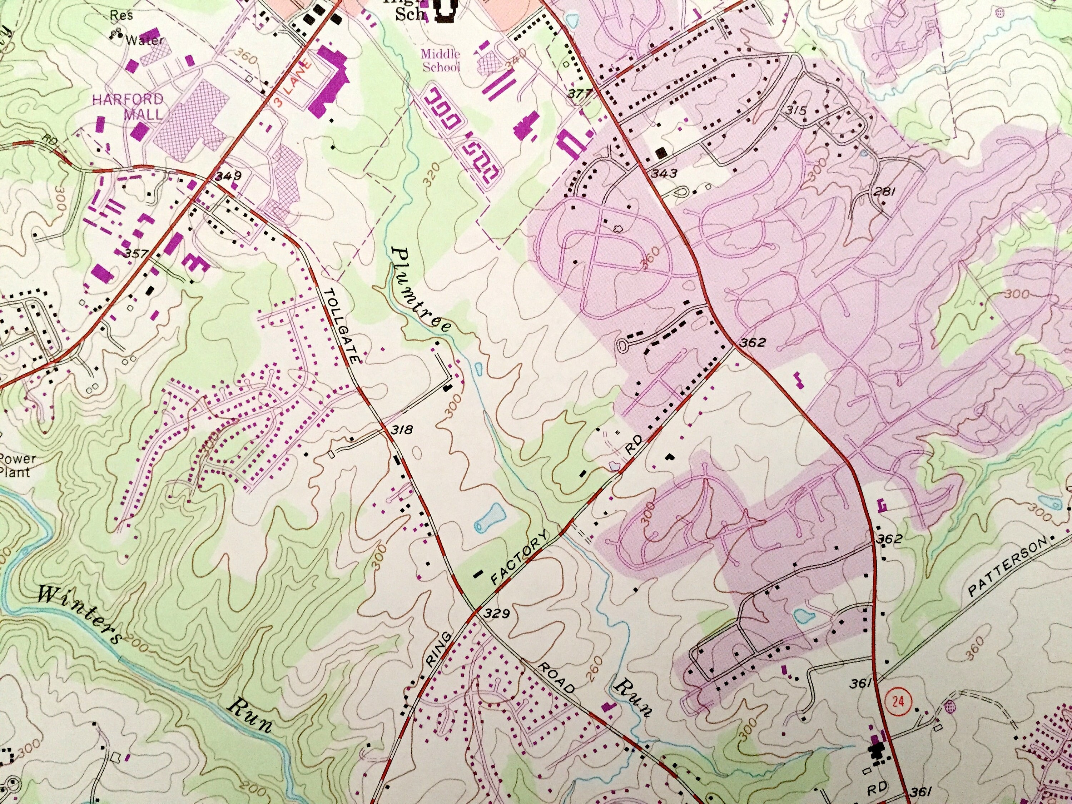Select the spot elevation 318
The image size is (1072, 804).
pos(402,430)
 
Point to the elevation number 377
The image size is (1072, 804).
pos(580,94)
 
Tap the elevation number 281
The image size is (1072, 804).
pos(883,192)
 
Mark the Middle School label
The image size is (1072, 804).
pos(441,61)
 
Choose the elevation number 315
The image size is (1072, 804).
pos(796,110)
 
